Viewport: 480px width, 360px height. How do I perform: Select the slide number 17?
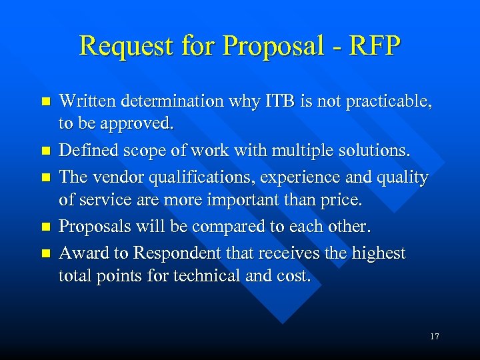point(435,337)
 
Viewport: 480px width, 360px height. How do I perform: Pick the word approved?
point(143,123)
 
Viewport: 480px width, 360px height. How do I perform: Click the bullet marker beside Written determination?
point(45,102)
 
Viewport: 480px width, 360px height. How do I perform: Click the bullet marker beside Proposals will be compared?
point(45,227)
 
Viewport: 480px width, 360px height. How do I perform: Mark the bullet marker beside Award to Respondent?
point(45,253)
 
